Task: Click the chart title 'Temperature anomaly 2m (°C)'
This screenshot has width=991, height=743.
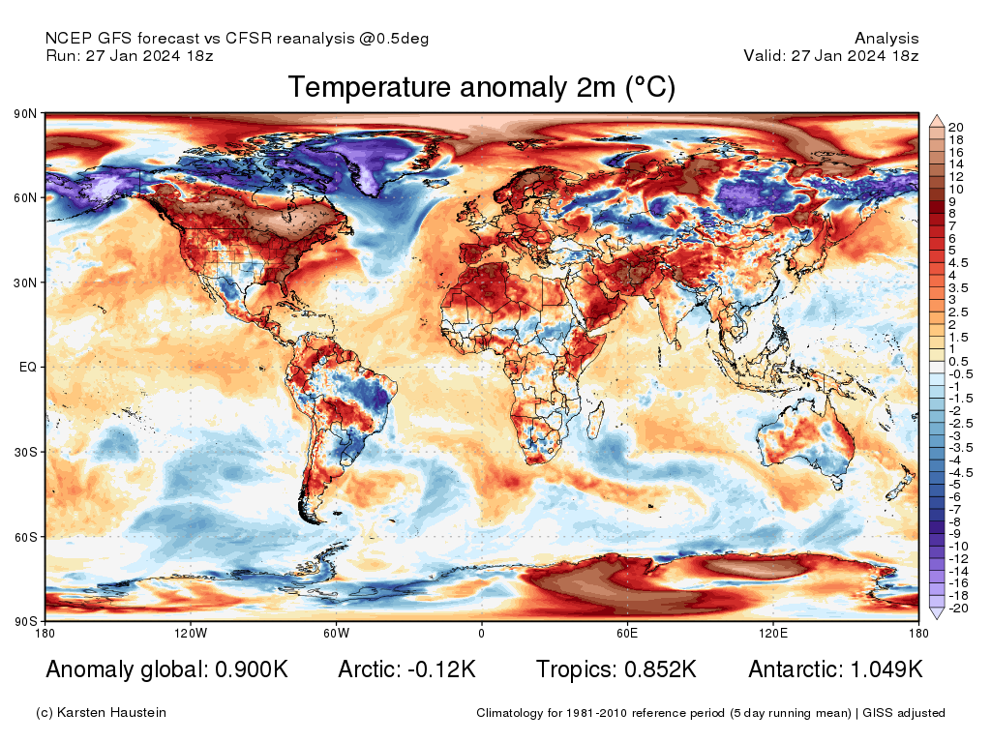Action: (x=481, y=88)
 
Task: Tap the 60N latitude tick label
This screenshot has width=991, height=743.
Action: (x=25, y=198)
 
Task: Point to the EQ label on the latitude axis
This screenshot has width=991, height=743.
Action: (x=27, y=368)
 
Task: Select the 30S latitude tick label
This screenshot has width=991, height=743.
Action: (x=25, y=452)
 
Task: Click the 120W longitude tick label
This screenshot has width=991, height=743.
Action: (x=191, y=634)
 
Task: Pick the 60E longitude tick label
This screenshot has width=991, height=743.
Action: (x=627, y=634)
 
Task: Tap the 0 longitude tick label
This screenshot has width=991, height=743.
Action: (x=481, y=634)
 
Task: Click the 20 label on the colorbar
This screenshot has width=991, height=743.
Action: (x=955, y=128)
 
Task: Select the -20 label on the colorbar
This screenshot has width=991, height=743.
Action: (x=957, y=608)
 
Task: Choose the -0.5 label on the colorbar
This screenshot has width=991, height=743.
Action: (x=960, y=373)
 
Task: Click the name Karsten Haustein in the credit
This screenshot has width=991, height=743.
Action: (x=114, y=713)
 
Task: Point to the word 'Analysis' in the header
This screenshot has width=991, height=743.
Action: (x=886, y=39)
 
